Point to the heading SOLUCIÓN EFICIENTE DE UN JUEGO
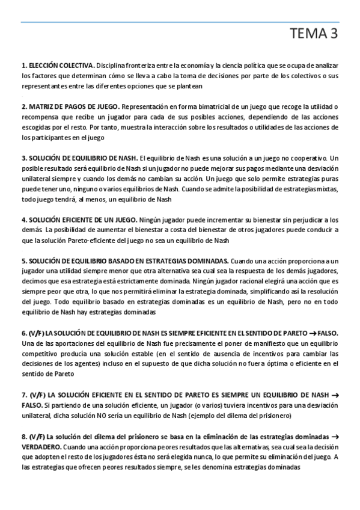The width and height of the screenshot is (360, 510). [83, 220]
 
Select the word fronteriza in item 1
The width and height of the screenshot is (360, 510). [144, 64]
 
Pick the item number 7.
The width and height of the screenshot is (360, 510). [25, 395]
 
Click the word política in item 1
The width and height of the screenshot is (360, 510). [255, 64]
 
